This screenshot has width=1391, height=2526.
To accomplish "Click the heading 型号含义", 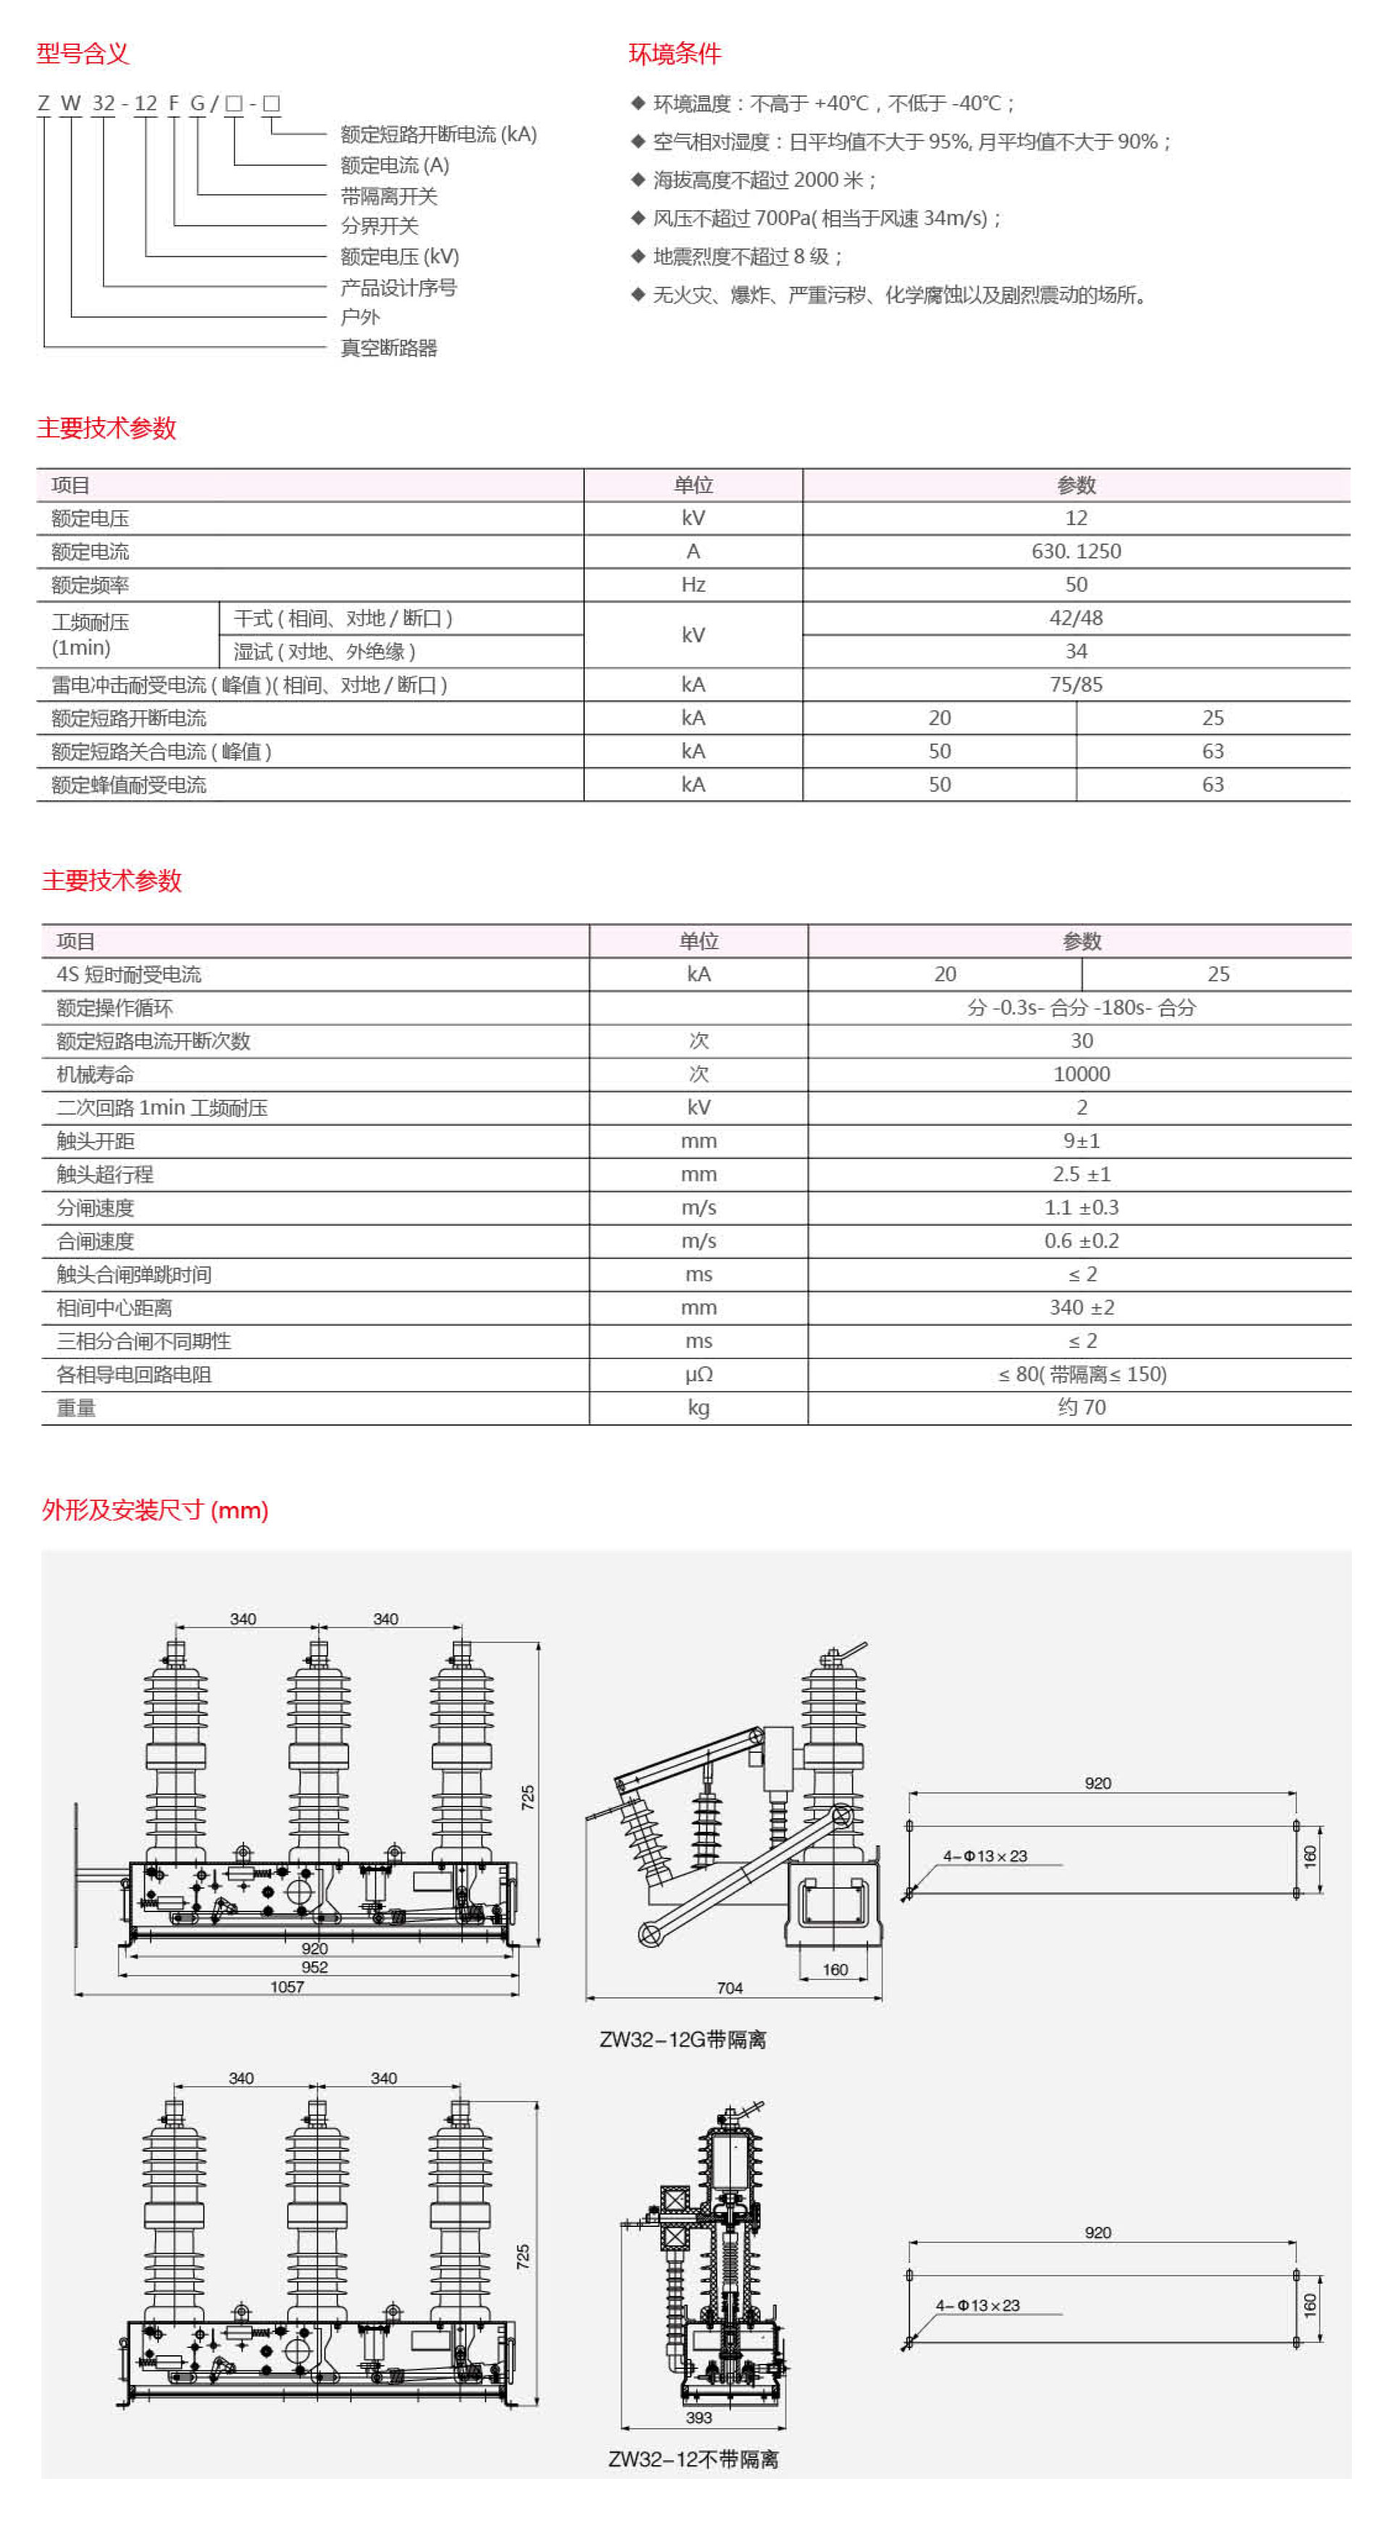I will click(83, 53).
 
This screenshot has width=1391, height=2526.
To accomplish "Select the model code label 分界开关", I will click(379, 226).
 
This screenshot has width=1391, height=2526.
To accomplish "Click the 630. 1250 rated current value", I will click(1075, 551).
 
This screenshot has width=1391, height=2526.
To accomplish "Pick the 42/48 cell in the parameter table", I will click(1075, 618).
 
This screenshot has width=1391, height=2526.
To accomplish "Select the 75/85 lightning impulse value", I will click(1075, 684).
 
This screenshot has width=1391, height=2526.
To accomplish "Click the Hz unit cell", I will click(693, 584).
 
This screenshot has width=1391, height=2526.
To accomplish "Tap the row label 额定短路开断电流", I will click(128, 717).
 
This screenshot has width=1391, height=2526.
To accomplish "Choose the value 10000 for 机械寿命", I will click(1081, 1074).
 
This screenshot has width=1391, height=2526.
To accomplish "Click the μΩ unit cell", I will click(698, 1374).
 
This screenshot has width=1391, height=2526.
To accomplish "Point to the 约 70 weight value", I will click(1081, 1407).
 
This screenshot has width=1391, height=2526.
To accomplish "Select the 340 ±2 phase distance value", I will click(1081, 1307).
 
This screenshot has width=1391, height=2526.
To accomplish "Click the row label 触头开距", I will click(95, 1140).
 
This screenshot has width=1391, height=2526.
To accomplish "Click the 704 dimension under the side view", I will click(729, 1987).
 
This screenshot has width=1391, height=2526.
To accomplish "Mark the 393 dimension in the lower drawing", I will click(698, 2417).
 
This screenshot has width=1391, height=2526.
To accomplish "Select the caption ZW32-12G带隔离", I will click(682, 2039).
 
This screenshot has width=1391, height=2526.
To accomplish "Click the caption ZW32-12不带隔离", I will click(693, 2459).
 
